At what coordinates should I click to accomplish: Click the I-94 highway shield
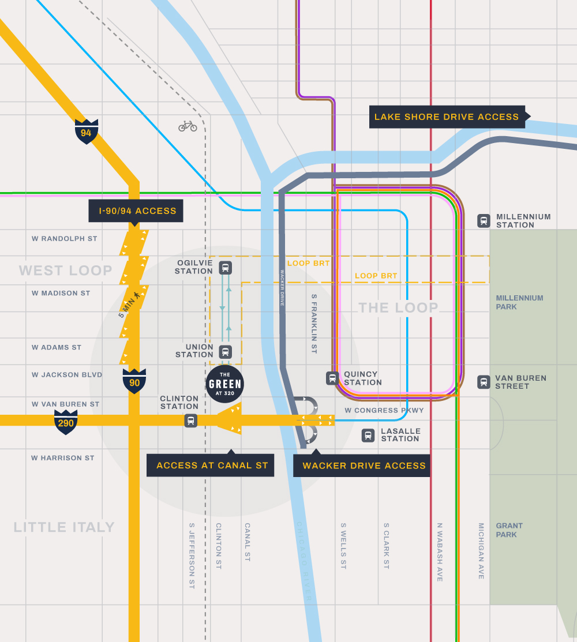(87, 132)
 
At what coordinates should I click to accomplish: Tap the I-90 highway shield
(134, 381)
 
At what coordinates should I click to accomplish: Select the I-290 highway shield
(66, 422)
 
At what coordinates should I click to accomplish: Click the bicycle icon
(188, 126)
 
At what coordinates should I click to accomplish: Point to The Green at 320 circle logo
(225, 384)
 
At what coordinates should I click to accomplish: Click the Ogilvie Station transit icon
(225, 267)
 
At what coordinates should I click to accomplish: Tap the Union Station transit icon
(225, 351)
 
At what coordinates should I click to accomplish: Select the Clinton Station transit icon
(191, 421)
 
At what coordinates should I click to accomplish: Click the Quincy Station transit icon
(332, 378)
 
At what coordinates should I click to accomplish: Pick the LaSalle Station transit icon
(368, 435)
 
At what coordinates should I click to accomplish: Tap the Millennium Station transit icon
(484, 220)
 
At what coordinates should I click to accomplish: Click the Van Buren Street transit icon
(484, 382)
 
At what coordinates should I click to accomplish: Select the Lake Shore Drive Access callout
(447, 117)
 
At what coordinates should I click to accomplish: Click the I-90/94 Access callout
(136, 211)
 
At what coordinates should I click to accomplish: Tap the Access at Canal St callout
(211, 465)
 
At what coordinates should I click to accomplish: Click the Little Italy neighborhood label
(64, 527)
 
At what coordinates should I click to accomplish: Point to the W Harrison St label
(63, 458)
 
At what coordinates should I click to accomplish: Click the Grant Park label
(509, 530)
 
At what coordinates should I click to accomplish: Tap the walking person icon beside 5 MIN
(137, 296)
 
